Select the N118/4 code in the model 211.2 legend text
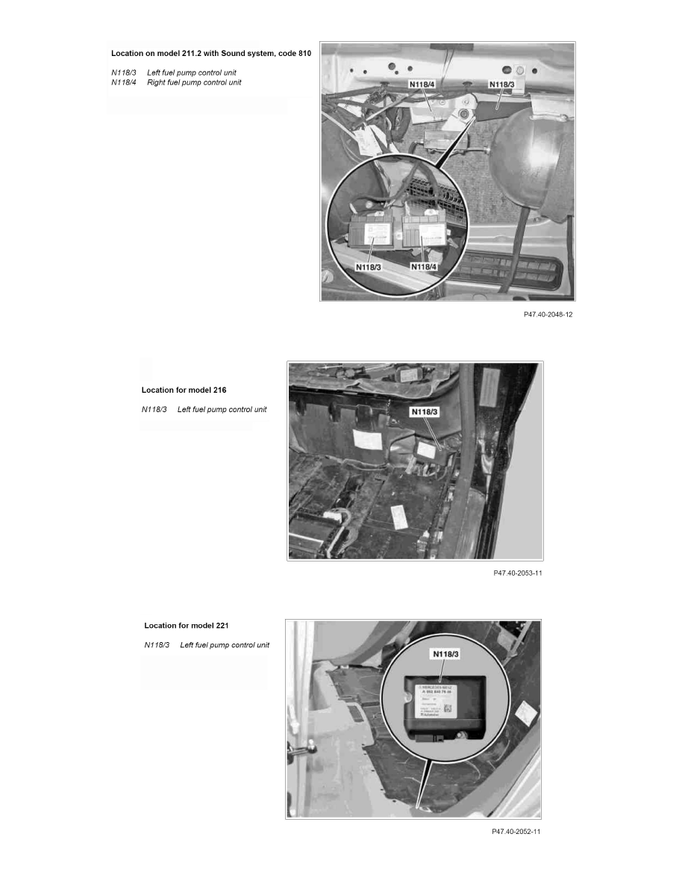click(x=124, y=82)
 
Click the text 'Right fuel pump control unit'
click(x=194, y=82)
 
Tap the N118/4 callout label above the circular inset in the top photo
click(x=425, y=85)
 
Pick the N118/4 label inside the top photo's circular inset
click(x=428, y=266)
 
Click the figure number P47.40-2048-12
click(x=548, y=315)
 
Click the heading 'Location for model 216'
click(x=184, y=390)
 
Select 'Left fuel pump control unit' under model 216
click(x=222, y=410)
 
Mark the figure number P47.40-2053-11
click(x=518, y=573)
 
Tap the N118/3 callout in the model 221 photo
click(x=448, y=654)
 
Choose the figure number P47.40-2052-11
click(x=516, y=832)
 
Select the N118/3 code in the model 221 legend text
click(x=157, y=645)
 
